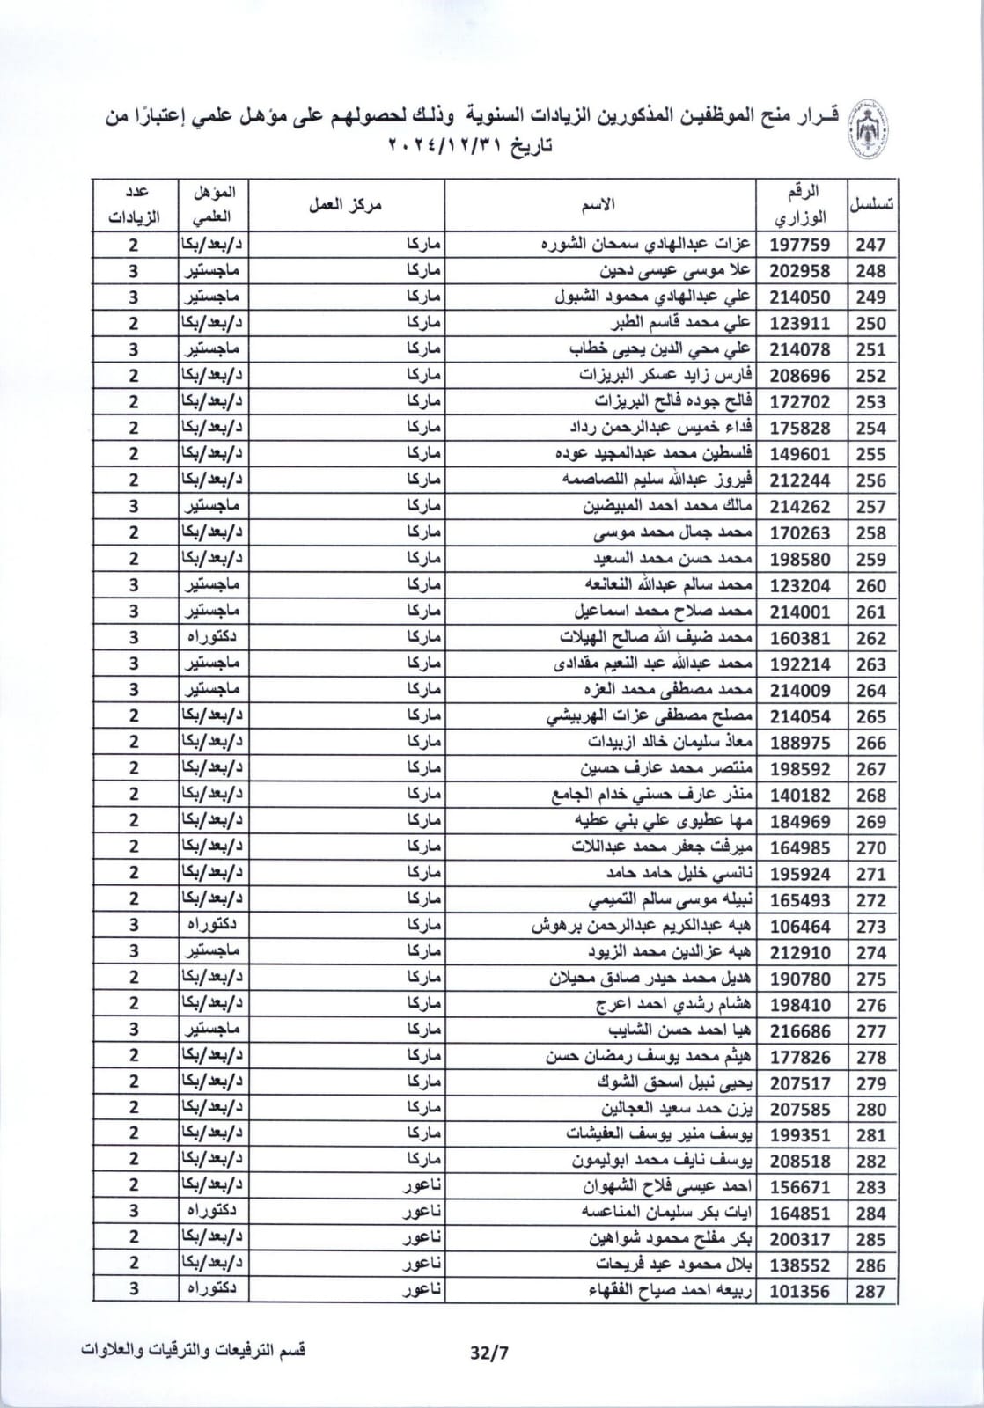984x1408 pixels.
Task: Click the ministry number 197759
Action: tap(800, 245)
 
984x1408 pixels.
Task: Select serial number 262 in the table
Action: tap(870, 638)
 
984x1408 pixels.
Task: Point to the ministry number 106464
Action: tap(800, 926)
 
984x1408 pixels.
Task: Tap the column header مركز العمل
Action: tap(345, 205)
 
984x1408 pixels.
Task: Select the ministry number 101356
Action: tap(800, 1292)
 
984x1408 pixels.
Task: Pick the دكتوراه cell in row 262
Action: tap(213, 638)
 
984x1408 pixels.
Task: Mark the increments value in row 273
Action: tap(134, 926)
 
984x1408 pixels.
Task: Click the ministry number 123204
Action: tap(800, 585)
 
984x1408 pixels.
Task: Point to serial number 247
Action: tap(870, 245)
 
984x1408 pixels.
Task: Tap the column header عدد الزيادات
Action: tap(134, 205)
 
